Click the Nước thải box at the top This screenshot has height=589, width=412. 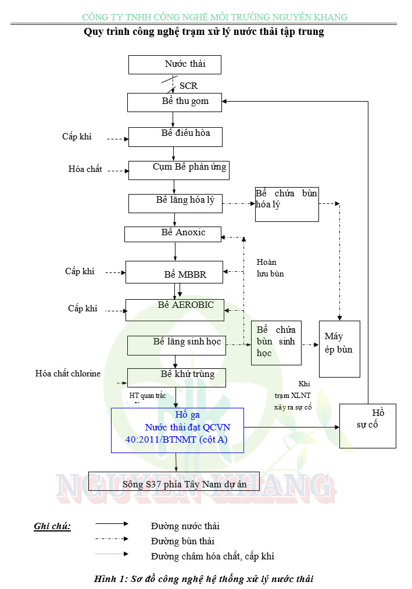coord(174,64)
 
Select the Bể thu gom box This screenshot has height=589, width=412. coord(175,102)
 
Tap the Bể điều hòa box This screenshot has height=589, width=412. coord(175,137)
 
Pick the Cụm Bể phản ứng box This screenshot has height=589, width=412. coord(178,170)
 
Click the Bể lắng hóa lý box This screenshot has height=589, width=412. coord(175,203)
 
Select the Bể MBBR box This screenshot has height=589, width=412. coord(174,272)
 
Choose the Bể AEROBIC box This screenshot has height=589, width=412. coord(174,310)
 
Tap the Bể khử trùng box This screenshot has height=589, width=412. coord(176,378)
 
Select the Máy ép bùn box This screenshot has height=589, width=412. coord(339,349)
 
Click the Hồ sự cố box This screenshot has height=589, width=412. coord(367,425)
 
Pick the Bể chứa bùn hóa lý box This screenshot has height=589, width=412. coord(286,204)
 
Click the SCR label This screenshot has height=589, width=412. coord(188,86)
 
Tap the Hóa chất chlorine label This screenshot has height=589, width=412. coord(68,373)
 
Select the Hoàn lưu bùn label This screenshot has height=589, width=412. coord(270,268)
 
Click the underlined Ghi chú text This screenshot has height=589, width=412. coord(52,526)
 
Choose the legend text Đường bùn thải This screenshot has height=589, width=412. coord(182,541)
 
